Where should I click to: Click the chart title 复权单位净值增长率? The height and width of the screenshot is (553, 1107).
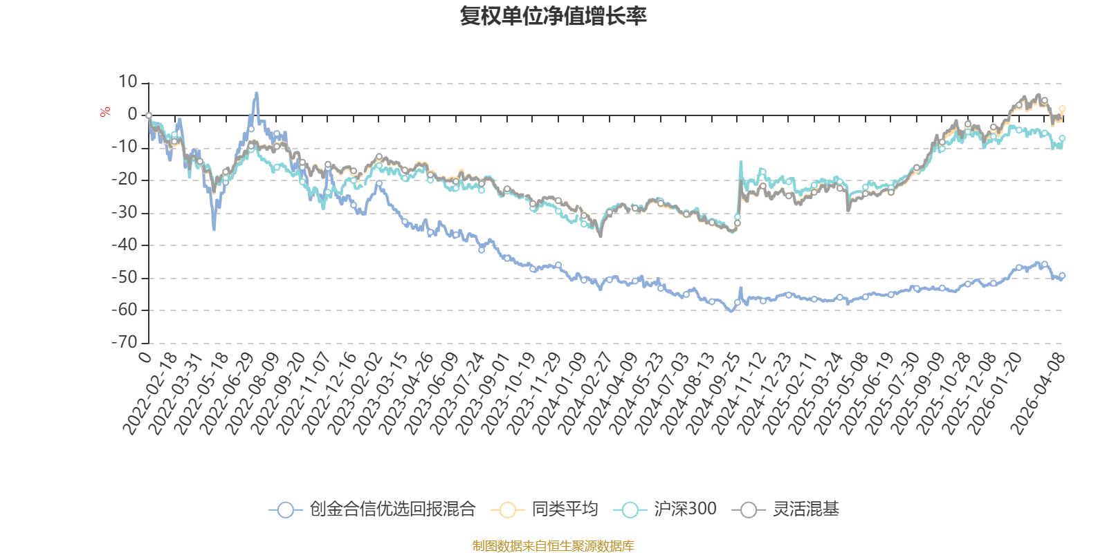tap(553, 16)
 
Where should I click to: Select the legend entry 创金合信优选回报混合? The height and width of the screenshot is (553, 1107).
tap(372, 509)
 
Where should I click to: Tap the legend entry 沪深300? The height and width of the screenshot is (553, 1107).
tap(665, 509)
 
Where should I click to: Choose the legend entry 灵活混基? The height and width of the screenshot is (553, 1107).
tap(785, 509)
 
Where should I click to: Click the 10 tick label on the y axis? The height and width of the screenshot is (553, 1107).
tap(127, 82)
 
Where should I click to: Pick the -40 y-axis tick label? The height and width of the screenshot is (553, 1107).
tap(125, 245)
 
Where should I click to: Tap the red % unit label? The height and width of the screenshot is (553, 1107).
tap(104, 112)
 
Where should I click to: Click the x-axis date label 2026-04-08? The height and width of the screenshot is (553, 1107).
tap(1037, 393)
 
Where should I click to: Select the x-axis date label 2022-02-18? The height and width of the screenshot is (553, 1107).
tap(149, 393)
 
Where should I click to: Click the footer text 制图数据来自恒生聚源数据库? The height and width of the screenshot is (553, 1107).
tap(553, 545)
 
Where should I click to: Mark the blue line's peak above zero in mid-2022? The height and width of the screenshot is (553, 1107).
tap(256, 93)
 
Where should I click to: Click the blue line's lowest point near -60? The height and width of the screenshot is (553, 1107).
tap(731, 311)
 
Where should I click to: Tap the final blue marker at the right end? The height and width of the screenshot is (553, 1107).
tap(1062, 276)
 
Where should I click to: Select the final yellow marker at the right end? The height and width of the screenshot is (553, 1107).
tap(1062, 109)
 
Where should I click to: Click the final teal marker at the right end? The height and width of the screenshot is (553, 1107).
tap(1062, 139)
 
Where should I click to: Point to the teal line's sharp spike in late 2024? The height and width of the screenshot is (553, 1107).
tap(741, 162)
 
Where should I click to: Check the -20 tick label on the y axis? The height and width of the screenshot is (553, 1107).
tap(125, 179)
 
